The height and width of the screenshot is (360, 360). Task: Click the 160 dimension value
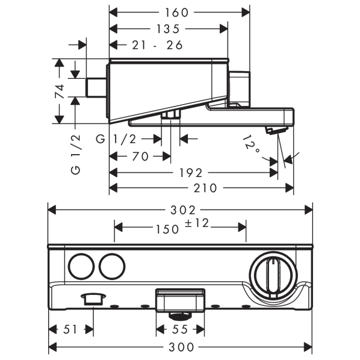tap(176, 13)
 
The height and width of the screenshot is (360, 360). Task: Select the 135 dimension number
tap(168, 29)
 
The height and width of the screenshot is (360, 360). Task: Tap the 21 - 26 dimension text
tap(157, 45)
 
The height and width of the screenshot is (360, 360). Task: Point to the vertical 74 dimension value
tap(59, 91)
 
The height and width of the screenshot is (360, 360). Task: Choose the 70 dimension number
tap(140, 157)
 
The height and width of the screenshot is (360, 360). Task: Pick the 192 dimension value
tap(191, 173)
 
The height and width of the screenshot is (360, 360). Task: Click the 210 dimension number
tap(205, 188)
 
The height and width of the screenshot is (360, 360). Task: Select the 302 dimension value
tap(183, 210)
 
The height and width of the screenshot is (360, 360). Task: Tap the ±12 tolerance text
tap(197, 223)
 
